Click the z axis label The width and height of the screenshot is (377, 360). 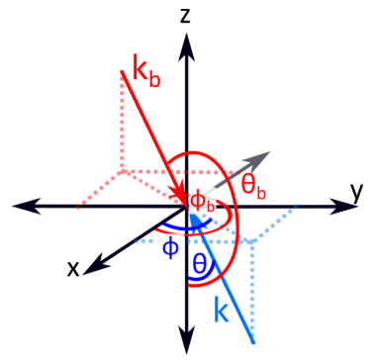click(185, 17)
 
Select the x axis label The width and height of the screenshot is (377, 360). click(73, 269)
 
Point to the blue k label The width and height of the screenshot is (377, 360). click(221, 309)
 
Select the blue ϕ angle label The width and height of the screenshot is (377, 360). click(170, 249)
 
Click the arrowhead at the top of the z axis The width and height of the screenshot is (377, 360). click(187, 46)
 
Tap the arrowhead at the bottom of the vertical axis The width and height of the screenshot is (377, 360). click(187, 339)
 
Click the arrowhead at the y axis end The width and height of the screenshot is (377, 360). click(343, 207)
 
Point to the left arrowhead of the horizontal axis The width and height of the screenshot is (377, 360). click(27, 207)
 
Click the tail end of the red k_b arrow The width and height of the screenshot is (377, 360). click(122, 71)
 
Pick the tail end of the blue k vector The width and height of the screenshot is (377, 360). click(253, 343)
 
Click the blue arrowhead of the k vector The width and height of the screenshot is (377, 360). click(194, 221)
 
